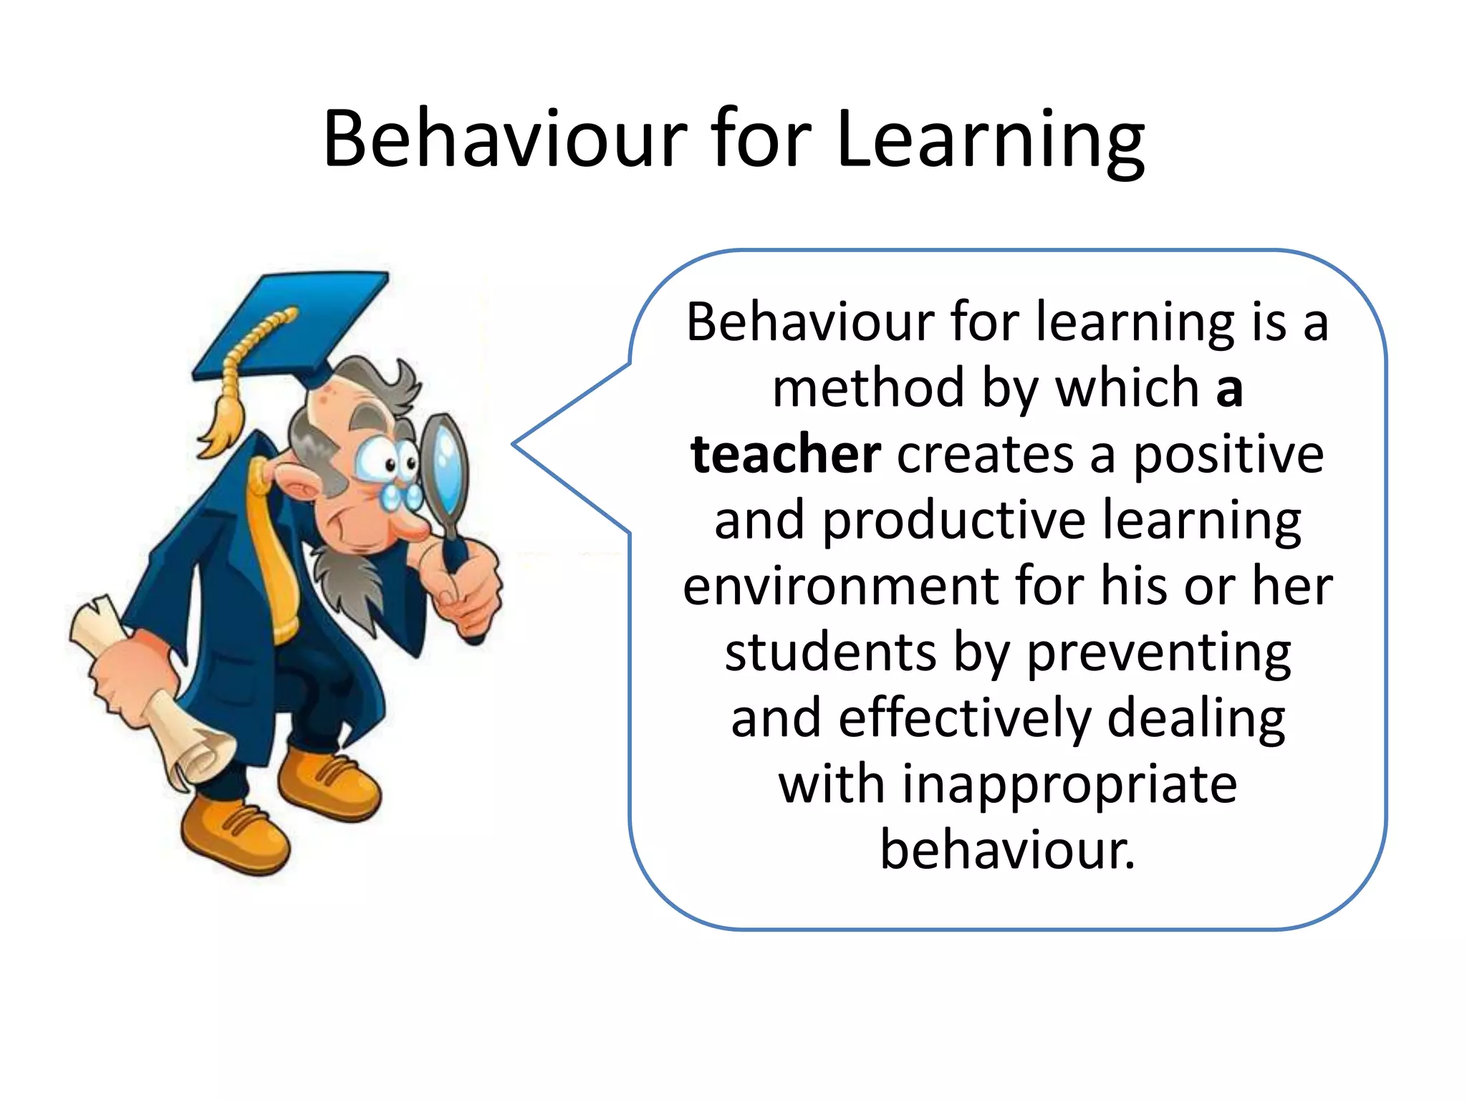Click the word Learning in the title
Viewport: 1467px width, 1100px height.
(990, 140)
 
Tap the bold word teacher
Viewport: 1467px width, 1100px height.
(786, 455)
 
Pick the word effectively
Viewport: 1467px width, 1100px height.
(964, 718)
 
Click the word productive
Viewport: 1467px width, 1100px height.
(953, 521)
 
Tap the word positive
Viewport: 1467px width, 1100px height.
(1228, 455)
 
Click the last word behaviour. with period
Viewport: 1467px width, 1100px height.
(1007, 850)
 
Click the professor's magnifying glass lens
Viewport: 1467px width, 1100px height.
(444, 462)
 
